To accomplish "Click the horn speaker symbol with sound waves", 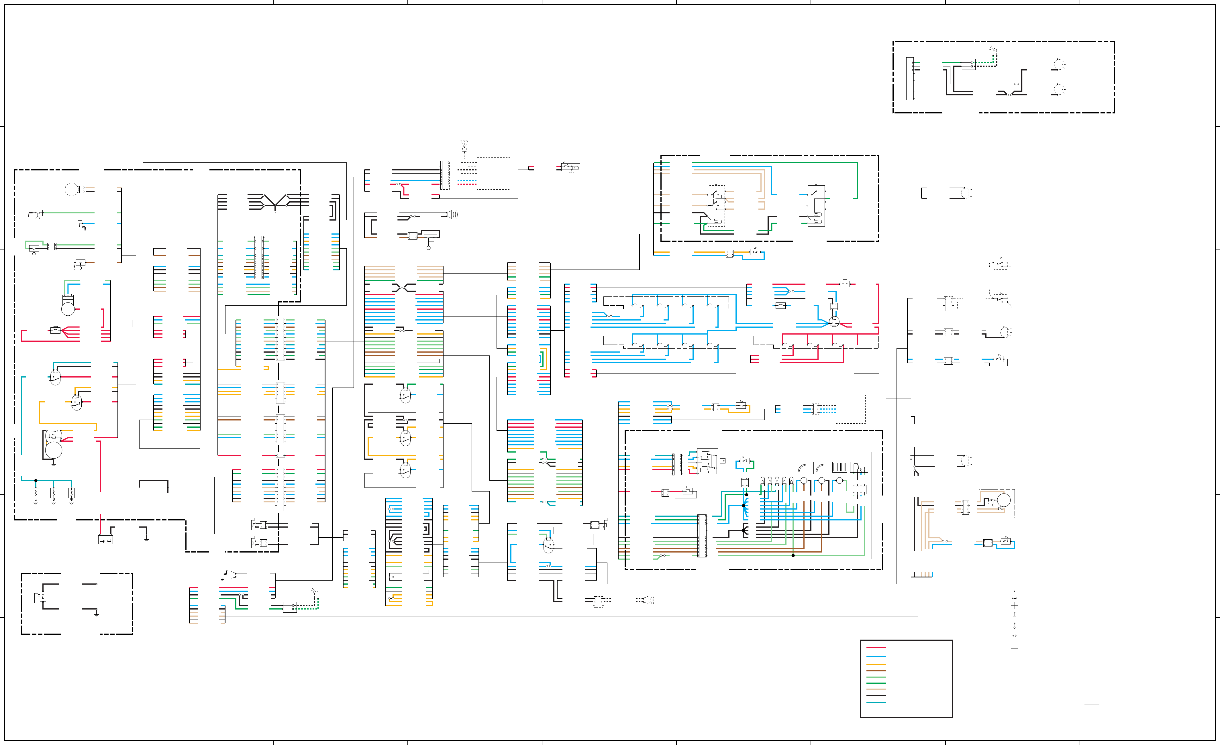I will pos(452,214).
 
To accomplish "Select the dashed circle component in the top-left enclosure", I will pos(71,189).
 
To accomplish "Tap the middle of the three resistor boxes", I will pos(54,493).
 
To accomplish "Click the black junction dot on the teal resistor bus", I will pos(36,481).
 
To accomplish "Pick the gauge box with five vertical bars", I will pos(839,467).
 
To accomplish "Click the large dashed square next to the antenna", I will pos(493,173).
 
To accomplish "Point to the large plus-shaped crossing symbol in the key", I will pos(1015,605).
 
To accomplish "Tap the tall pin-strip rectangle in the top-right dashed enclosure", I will pos(909,79).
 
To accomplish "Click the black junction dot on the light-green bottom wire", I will pos(793,555).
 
